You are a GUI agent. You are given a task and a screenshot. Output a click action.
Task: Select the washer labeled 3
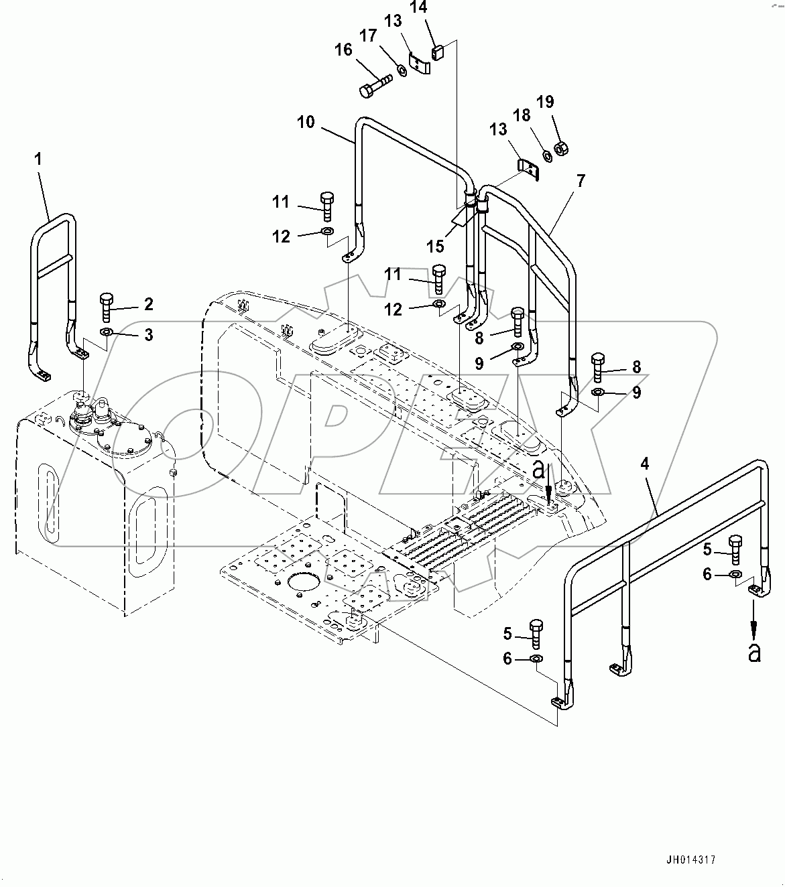pyautogui.click(x=107, y=333)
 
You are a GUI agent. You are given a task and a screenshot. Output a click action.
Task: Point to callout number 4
pyautogui.click(x=645, y=464)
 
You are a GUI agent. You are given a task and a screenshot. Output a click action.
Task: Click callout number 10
pyautogui.click(x=306, y=122)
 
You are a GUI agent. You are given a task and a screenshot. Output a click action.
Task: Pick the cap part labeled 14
pyautogui.click(x=438, y=51)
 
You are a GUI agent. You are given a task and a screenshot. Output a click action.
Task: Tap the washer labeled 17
pyautogui.click(x=401, y=70)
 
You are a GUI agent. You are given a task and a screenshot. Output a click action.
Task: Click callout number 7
pyautogui.click(x=580, y=180)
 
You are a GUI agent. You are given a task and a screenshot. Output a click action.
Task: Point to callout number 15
pyautogui.click(x=435, y=246)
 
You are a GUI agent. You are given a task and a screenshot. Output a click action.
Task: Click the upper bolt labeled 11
pyautogui.click(x=326, y=205)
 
